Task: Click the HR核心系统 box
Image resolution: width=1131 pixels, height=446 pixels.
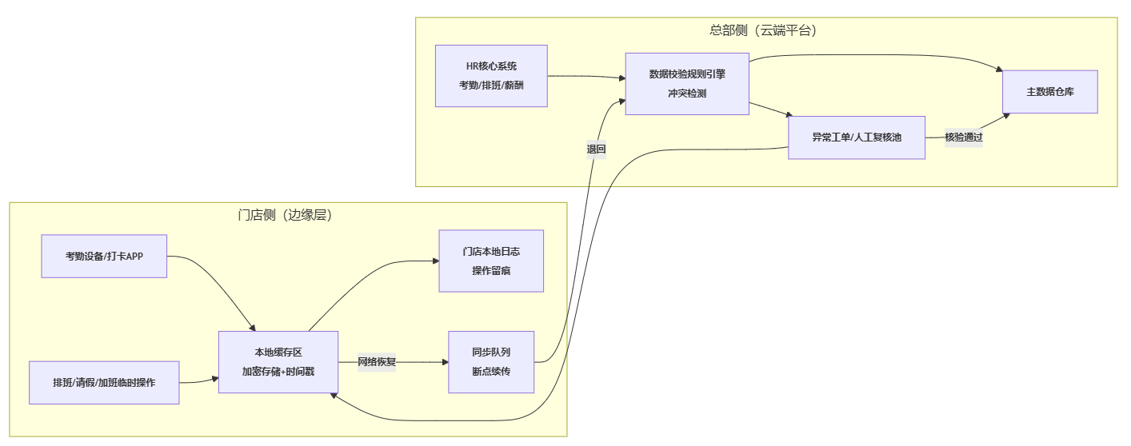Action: (491, 76)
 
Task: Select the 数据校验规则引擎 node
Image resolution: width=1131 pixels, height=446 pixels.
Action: (687, 84)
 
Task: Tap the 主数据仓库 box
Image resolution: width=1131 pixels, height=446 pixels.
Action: (1049, 92)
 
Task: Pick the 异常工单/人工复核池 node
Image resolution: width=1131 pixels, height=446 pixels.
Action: (857, 137)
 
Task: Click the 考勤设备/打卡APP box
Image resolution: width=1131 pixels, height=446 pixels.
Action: (104, 256)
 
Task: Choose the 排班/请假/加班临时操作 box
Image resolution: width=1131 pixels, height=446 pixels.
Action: (104, 383)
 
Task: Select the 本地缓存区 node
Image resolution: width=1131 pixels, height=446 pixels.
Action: (278, 362)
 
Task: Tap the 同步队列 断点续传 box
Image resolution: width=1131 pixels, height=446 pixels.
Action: (491, 362)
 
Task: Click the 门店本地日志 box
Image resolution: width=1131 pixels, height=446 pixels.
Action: (491, 261)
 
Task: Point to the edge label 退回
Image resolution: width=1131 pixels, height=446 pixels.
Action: (596, 149)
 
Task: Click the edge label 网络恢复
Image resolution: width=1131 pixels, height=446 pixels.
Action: (377, 362)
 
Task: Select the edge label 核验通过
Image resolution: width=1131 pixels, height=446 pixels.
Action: (963, 137)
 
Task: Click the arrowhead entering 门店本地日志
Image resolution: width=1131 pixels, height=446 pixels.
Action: (435, 261)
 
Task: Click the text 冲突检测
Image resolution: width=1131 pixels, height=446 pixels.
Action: (687, 94)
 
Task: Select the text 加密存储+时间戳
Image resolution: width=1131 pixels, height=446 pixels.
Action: (278, 371)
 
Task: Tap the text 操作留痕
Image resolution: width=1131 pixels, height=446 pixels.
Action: (491, 271)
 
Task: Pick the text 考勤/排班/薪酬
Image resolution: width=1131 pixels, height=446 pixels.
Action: (491, 85)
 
